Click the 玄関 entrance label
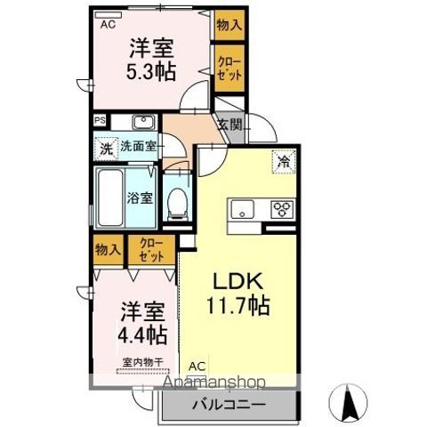point(230,125)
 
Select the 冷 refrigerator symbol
point(283,162)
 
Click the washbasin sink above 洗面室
point(142,123)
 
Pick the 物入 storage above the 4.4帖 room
point(108,250)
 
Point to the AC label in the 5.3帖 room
point(108,25)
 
